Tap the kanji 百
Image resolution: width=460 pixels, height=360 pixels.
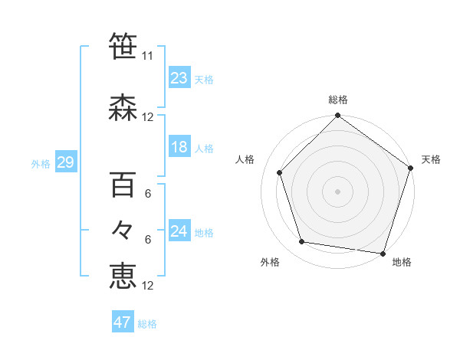coord(123,186)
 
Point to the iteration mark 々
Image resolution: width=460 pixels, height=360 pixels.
coord(123,230)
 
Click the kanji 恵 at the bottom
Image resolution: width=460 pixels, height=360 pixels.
coord(123,276)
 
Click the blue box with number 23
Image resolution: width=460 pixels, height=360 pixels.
coord(179,77)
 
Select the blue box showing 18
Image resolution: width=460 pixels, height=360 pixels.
coord(179,147)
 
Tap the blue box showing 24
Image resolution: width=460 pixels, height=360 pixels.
coord(179,232)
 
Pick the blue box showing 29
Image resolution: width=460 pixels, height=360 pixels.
coord(65,162)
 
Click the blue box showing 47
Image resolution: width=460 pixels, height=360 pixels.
coord(123,322)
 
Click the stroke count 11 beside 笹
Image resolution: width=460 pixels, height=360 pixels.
coord(148,56)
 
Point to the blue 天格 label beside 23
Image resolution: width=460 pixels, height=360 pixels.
coord(204,80)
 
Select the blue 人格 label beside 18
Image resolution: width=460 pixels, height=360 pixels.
coord(204,149)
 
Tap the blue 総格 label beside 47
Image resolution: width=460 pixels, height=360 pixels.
coord(147,324)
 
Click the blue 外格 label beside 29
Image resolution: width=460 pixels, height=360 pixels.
coord(40,164)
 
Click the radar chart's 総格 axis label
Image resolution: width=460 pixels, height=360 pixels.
coord(338,100)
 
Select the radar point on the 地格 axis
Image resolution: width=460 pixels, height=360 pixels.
coord(383,253)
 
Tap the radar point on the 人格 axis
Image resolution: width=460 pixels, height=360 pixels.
coord(279,172)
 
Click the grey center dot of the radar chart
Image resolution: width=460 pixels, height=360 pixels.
coord(338,191)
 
